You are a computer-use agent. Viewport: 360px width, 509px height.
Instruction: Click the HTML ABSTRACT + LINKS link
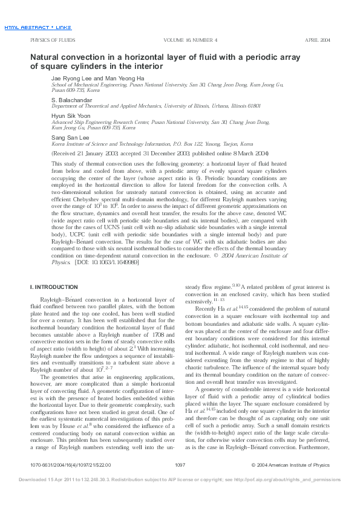38,28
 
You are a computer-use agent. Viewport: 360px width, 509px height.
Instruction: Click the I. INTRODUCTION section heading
54,286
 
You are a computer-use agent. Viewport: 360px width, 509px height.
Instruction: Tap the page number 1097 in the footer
179,482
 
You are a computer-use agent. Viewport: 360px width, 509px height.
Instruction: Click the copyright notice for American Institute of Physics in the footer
290,482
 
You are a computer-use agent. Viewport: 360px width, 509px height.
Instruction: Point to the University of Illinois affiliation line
156,106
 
